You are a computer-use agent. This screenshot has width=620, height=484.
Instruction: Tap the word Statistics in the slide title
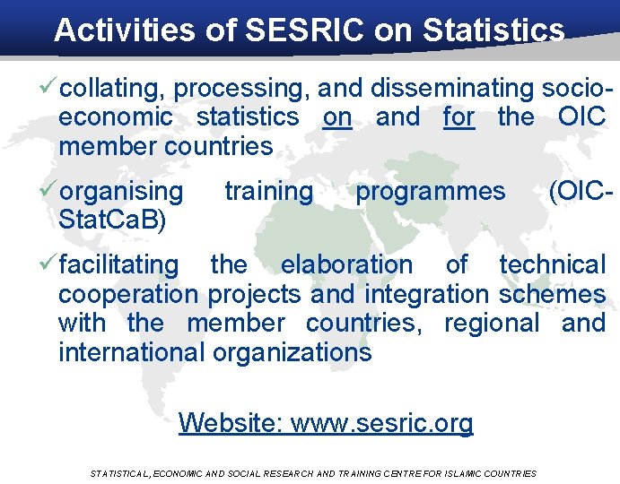[x=493, y=30]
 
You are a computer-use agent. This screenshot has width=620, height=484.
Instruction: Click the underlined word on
[x=337, y=117]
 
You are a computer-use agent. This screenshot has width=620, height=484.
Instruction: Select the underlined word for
[x=458, y=117]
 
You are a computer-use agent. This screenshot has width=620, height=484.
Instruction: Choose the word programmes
[x=431, y=192]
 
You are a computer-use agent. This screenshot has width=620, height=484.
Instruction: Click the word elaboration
[x=346, y=265]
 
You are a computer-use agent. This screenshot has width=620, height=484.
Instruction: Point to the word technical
[x=552, y=265]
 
